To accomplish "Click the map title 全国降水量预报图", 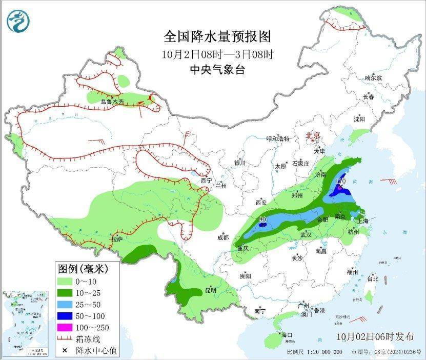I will (217, 36).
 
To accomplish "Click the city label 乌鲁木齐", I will (112, 102).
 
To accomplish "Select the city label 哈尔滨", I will (373, 77).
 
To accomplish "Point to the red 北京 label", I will (313, 136).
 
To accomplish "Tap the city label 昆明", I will (211, 290).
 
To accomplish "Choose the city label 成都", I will (223, 237).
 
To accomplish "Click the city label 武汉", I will (306, 234).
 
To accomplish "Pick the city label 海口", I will (287, 335).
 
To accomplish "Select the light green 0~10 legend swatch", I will (66, 282).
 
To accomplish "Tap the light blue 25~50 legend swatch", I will (66, 305).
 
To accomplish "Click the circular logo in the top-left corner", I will (18, 21).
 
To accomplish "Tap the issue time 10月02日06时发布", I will (375, 337).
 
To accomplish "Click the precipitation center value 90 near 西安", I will (262, 219).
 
